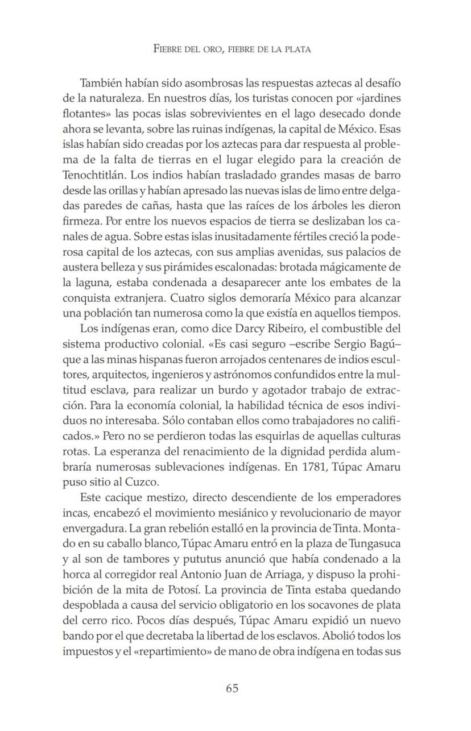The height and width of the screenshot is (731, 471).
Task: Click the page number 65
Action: pos(232,688)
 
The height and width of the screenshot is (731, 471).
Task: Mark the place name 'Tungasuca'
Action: pos(372,528)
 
